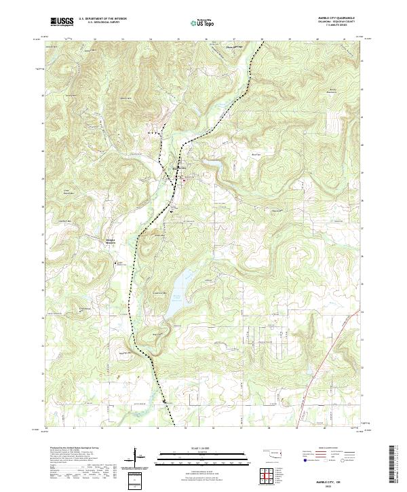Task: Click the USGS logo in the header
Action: [x=61, y=22]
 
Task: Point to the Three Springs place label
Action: [x=233, y=47]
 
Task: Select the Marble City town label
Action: [x=178, y=168]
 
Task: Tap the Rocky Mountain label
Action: [x=333, y=90]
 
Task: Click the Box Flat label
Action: [x=257, y=154]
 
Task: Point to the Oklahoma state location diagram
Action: [x=274, y=453]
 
